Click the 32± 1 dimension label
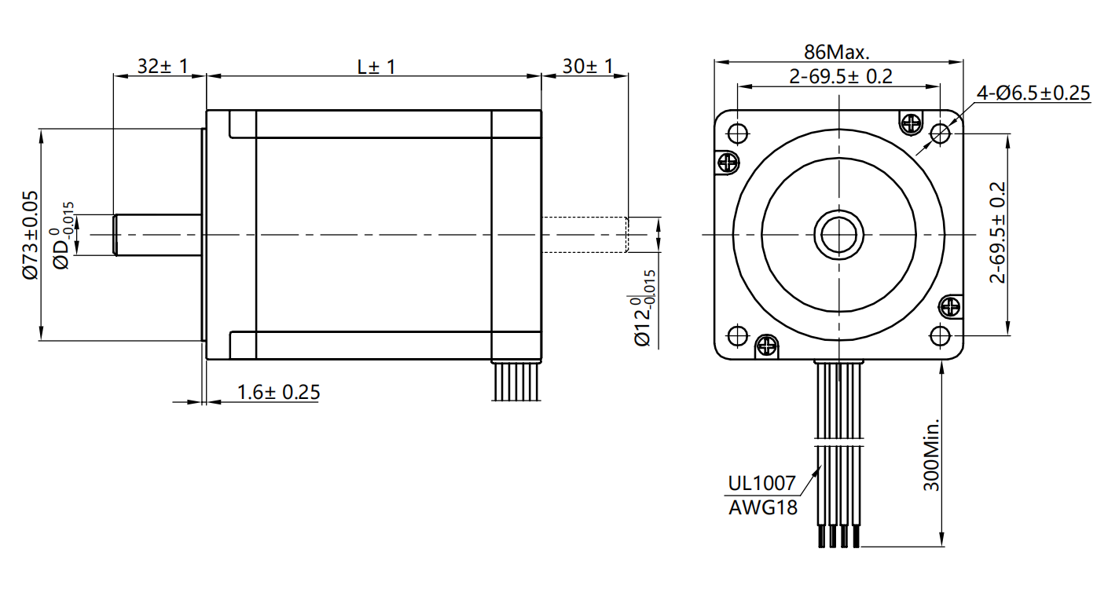point(162,66)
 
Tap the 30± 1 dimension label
point(588,66)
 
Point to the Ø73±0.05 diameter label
point(30,235)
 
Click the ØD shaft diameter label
point(64,236)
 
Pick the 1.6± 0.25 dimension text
point(278,392)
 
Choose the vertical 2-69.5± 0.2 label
point(997,233)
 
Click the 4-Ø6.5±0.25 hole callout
point(1033,93)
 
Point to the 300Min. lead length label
point(932,455)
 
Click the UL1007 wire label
point(762,483)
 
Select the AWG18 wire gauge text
point(762,507)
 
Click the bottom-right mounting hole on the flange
point(940,335)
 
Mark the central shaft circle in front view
point(839,234)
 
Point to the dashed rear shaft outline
point(585,235)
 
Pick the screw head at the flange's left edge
point(728,163)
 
